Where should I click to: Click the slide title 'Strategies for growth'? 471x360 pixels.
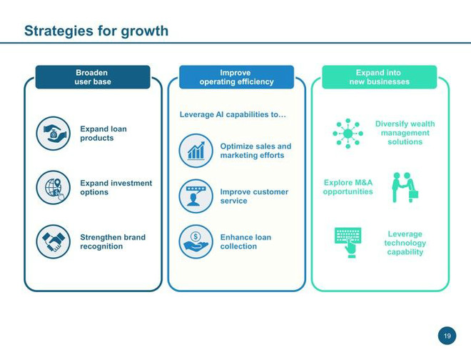(x=96, y=31)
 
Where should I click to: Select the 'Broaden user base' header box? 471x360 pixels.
(x=93, y=77)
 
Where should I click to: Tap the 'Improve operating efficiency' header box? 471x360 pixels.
(x=236, y=77)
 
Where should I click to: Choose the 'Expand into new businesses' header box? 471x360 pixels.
(x=380, y=77)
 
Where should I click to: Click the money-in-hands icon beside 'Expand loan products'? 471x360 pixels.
(x=54, y=134)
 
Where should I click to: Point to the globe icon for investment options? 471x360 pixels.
(x=54, y=187)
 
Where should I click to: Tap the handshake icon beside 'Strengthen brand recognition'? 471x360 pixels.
(x=54, y=241)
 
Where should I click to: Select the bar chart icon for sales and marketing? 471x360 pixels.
(x=196, y=151)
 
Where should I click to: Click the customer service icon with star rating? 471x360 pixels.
(x=196, y=196)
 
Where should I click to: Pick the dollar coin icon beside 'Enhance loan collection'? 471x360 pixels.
(x=196, y=241)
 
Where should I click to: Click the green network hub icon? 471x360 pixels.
(x=348, y=134)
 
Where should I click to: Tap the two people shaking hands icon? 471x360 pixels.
(x=405, y=187)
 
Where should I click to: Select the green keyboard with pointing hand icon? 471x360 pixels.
(x=348, y=242)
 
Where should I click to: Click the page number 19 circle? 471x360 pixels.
(x=447, y=336)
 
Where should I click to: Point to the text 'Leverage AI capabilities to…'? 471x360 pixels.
(x=233, y=114)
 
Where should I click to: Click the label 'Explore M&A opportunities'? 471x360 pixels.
(x=348, y=187)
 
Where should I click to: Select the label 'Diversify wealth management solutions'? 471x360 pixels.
(x=405, y=133)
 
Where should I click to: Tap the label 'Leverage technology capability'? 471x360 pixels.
(x=405, y=243)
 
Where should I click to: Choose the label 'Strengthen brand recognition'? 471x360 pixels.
(x=113, y=242)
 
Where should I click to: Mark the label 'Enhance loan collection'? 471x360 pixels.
(x=245, y=242)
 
